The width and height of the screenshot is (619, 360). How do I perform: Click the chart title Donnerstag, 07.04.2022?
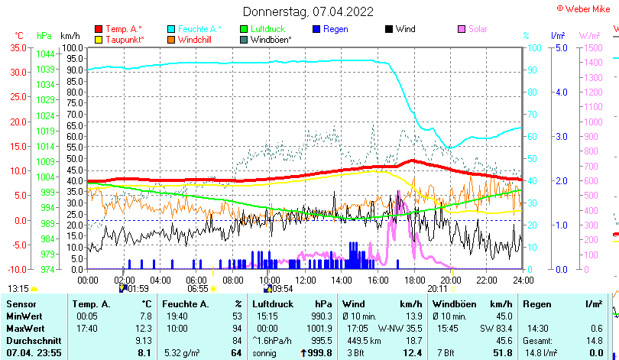[309, 11]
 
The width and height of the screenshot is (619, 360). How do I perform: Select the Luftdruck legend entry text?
[267, 29]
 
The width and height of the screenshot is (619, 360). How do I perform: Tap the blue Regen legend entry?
[335, 29]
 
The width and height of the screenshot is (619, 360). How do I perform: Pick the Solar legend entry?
[478, 29]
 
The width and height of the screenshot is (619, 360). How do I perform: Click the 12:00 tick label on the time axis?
[305, 280]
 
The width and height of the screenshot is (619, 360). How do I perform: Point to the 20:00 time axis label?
[450, 280]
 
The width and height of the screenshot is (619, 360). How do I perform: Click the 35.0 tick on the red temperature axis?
[18, 47]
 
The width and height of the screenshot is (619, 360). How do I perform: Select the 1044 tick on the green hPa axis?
[45, 54]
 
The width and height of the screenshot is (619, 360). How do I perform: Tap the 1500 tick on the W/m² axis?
[593, 47]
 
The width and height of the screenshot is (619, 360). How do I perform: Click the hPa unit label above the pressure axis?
[44, 36]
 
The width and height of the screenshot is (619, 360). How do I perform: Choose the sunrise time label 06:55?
[198, 289]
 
